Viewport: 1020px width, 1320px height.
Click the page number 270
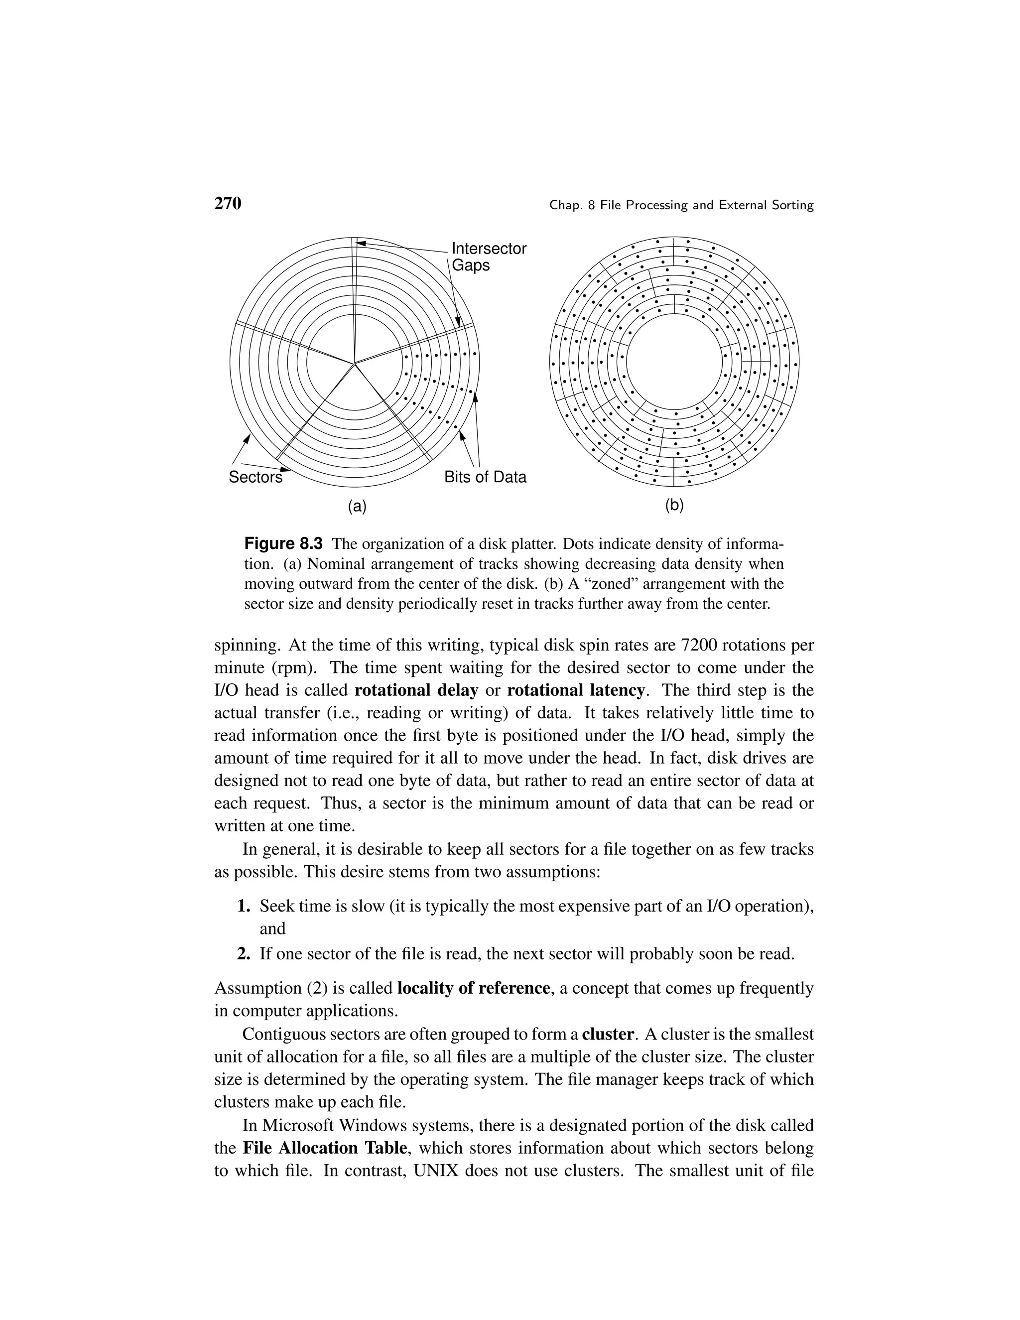pos(228,204)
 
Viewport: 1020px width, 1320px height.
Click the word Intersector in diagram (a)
pos(489,249)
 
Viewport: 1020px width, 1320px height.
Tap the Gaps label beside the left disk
pos(471,265)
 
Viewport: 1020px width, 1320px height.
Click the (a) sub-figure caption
pos(357,506)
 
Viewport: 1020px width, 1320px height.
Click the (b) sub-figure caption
pos(674,505)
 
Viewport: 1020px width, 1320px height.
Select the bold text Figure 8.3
pos(283,543)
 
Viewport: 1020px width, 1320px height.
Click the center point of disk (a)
pos(355,363)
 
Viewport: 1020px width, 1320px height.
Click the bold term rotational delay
pos(416,690)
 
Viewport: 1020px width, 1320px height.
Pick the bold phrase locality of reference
pos(474,988)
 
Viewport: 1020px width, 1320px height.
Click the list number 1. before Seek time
pos(244,906)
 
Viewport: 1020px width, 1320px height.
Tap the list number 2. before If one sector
pos(244,954)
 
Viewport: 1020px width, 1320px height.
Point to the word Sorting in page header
pos(793,206)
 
